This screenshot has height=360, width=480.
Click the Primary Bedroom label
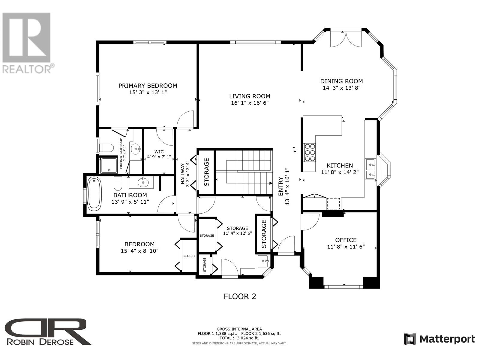148,86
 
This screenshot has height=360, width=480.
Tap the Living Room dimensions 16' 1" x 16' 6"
250,103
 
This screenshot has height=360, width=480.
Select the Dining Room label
341,81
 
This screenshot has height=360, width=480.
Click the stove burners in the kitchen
310,152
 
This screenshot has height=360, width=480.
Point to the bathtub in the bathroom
94,194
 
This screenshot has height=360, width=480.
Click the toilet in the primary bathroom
106,148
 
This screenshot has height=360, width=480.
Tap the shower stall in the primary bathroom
109,165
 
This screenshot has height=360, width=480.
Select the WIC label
159,152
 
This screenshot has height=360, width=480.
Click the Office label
346,240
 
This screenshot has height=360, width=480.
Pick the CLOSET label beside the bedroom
189,256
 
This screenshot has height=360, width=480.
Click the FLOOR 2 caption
240,297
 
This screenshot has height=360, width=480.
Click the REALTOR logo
28,43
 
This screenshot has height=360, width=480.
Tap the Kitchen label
340,166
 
